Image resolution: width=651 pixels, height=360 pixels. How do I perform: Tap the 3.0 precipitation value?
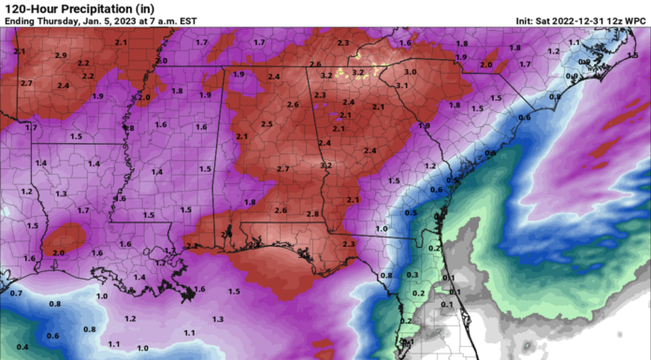pyautogui.click(x=410, y=72)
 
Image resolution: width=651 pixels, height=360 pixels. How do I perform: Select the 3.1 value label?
pyautogui.click(x=402, y=86)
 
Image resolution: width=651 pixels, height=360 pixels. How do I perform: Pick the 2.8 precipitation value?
pyautogui.click(x=312, y=213)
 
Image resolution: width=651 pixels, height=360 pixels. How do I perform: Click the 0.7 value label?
pyautogui.click(x=16, y=294)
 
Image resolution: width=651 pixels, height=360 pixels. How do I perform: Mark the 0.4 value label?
pyautogui.click(x=22, y=347)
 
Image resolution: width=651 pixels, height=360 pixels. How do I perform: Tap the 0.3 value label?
pyautogui.click(x=412, y=275)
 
